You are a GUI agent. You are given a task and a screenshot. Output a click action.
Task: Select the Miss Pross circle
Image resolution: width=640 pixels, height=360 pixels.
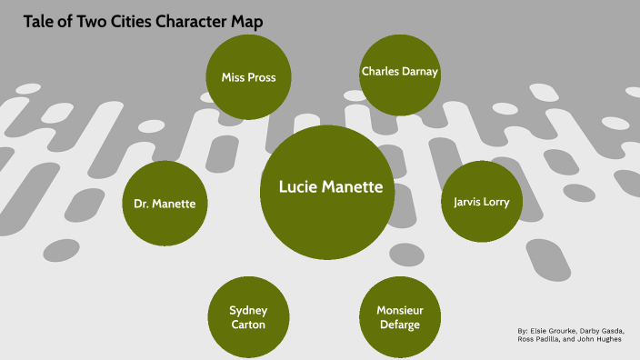pyautogui.click(x=248, y=77)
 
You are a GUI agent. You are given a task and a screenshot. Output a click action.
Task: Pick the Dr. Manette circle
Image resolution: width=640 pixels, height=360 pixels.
pyautogui.click(x=165, y=203)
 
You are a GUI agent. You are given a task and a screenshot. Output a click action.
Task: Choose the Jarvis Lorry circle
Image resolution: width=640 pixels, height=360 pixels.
pyautogui.click(x=481, y=201)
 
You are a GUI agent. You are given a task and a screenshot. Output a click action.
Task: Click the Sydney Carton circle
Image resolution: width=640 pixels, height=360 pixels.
pyautogui.click(x=248, y=317)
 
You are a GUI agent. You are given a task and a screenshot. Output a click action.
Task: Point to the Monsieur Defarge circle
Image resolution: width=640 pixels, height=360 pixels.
pyautogui.click(x=400, y=317)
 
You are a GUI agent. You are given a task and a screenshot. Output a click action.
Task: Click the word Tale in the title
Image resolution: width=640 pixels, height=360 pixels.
pyautogui.click(x=39, y=21)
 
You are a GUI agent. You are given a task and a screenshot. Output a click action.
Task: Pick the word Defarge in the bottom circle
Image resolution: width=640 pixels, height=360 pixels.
pyautogui.click(x=400, y=325)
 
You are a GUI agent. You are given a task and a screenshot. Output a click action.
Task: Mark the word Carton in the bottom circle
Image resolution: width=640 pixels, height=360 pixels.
pyautogui.click(x=248, y=325)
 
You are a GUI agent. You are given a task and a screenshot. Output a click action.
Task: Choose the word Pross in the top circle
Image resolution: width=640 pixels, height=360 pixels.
pyautogui.click(x=262, y=77)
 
